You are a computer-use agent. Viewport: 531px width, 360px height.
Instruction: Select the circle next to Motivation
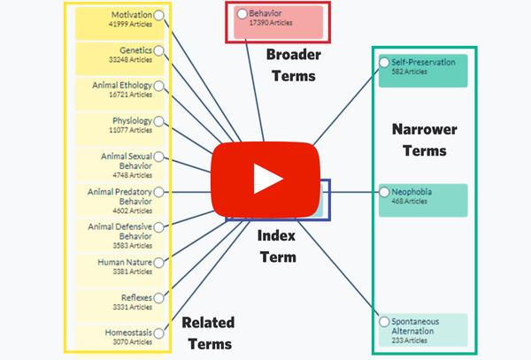(158, 15)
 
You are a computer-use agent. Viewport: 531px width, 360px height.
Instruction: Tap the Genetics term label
(136, 50)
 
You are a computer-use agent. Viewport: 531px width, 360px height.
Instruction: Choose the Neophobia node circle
(384, 191)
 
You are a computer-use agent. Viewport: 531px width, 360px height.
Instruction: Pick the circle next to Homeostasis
(158, 333)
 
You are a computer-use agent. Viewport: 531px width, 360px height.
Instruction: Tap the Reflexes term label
(135, 297)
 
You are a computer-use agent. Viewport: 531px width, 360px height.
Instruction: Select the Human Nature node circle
(158, 262)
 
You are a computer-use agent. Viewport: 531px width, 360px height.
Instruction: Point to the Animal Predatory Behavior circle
(158, 191)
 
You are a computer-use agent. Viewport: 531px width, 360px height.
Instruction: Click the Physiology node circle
(158, 121)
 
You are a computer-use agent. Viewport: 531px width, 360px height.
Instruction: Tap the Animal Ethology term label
(121, 86)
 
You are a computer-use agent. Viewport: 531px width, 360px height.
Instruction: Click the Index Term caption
(276, 246)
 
